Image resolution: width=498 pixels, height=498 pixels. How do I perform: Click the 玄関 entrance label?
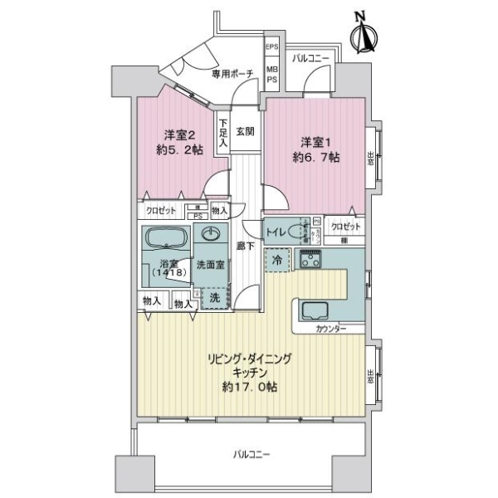click(244, 131)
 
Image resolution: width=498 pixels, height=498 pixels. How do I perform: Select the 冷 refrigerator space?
click(276, 261)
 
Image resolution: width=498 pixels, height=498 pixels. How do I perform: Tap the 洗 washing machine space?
click(213, 296)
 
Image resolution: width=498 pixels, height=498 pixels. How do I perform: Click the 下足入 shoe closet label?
click(222, 134)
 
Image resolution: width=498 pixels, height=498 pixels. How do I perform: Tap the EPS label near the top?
click(271, 48)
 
